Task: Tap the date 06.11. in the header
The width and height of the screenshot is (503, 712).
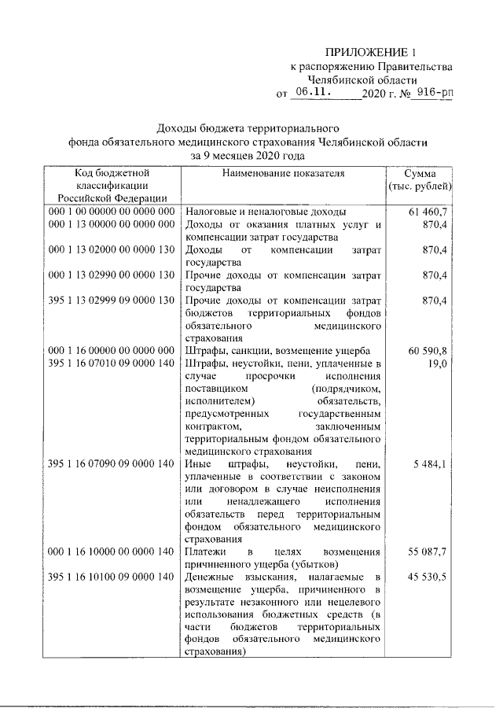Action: pos(310,93)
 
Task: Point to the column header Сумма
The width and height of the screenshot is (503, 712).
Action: pos(420,172)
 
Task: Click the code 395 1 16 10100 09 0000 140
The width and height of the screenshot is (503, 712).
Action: pos(110,578)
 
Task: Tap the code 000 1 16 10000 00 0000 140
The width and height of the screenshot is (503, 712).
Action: pos(110,553)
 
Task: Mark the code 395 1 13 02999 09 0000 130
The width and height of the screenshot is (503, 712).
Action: pos(110,300)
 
